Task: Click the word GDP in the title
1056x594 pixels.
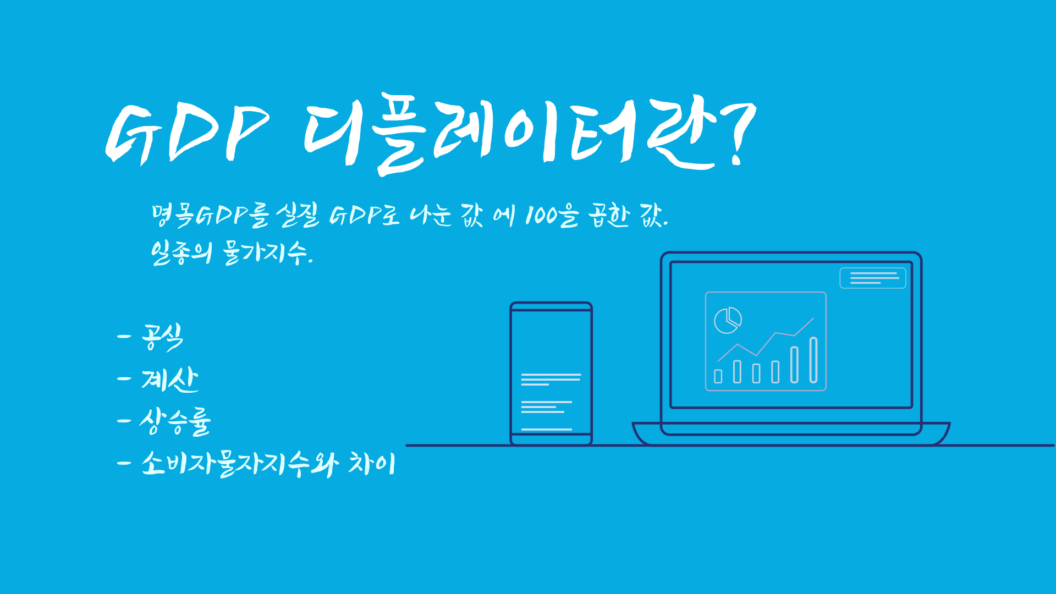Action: click(187, 133)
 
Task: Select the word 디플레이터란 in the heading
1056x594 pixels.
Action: click(509, 133)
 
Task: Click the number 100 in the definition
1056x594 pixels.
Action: click(541, 215)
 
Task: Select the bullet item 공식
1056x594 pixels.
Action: click(162, 337)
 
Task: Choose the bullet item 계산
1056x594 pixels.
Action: click(169, 380)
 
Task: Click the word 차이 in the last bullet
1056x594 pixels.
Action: click(372, 464)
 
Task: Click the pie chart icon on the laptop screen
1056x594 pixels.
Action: click(728, 320)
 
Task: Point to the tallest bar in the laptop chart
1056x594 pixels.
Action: click(813, 360)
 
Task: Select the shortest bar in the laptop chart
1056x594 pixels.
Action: click(718, 376)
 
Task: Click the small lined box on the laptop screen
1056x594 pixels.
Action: click(872, 278)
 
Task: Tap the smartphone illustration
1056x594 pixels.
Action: click(551, 373)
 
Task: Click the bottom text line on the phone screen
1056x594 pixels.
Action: click(546, 429)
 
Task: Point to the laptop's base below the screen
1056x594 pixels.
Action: click(791, 434)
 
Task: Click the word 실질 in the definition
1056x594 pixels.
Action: click(298, 215)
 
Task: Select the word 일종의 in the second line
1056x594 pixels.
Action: click(182, 254)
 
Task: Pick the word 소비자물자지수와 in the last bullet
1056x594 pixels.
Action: click(240, 464)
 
